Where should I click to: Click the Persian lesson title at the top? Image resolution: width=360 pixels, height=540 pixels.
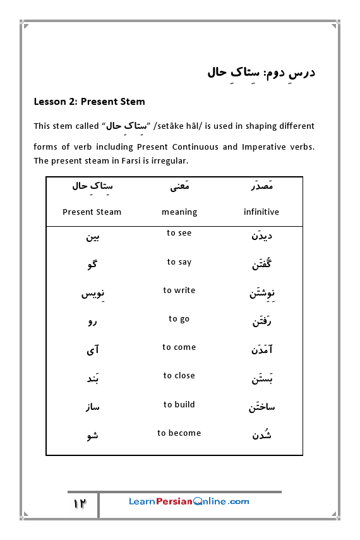[260, 72]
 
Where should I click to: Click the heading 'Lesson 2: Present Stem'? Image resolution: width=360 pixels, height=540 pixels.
[89, 102]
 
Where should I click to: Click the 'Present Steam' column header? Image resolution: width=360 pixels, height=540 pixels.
[92, 212]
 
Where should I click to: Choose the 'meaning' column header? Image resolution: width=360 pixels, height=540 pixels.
[179, 212]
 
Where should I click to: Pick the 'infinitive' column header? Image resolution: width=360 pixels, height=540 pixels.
[261, 212]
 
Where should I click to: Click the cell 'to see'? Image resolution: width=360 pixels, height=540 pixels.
[179, 233]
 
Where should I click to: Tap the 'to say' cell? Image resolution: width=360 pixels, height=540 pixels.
[179, 262]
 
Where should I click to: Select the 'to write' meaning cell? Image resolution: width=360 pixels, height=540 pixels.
[179, 291]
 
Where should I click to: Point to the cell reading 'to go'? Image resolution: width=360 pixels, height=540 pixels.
[179, 319]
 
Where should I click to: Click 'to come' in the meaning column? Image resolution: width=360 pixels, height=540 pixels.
[179, 347]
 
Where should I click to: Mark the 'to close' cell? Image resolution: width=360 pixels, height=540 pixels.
[179, 376]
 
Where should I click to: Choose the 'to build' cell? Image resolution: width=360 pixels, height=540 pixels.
[179, 405]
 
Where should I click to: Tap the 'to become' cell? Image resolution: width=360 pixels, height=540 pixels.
[179, 433]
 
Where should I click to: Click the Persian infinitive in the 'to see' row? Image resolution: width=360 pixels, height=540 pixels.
[261, 236]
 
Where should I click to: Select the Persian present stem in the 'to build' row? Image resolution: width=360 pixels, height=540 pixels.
[92, 407]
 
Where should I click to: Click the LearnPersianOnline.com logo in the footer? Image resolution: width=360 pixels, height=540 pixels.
[189, 501]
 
